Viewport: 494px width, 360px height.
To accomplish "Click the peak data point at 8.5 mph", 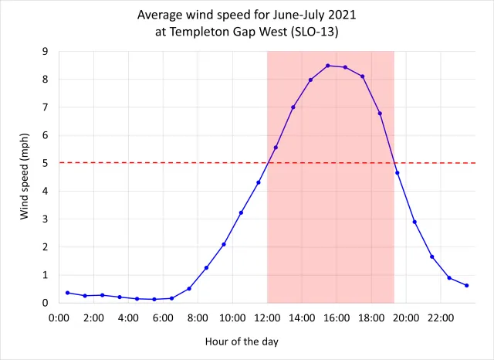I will pyautogui.click(x=328, y=66).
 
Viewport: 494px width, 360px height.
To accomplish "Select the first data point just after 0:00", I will pyautogui.click(x=68, y=293).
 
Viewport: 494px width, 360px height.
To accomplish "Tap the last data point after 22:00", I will pyautogui.click(x=467, y=285).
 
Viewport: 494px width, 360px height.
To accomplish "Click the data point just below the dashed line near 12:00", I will pyautogui.click(x=259, y=182).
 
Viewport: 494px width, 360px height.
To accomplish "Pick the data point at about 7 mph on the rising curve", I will pyautogui.click(x=293, y=107).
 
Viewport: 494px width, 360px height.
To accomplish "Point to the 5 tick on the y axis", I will pyautogui.click(x=50, y=163).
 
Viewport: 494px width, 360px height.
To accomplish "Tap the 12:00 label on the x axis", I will pyautogui.click(x=267, y=317).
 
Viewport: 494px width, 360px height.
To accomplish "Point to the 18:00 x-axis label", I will pyautogui.click(x=371, y=317).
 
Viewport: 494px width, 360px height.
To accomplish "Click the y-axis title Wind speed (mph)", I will pyautogui.click(x=25, y=177).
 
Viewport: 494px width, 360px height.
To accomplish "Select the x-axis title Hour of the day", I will pyautogui.click(x=242, y=341).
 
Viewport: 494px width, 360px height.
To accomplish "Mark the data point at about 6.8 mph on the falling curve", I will pyautogui.click(x=380, y=114).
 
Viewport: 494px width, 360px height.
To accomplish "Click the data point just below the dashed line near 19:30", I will pyautogui.click(x=398, y=172).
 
